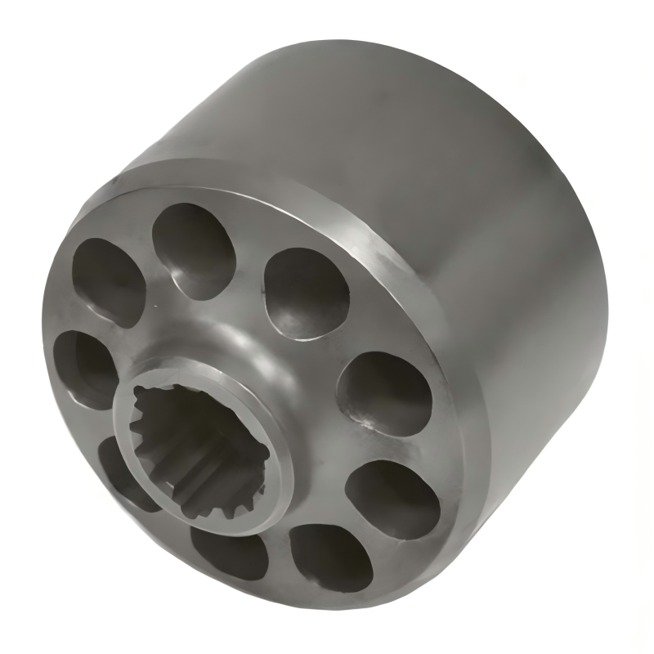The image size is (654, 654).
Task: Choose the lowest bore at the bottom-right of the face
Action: coord(331,556)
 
